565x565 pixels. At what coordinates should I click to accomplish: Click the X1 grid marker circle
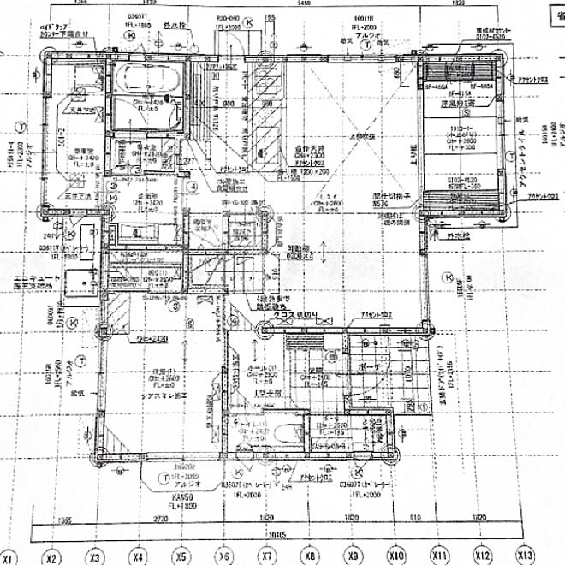point(9,557)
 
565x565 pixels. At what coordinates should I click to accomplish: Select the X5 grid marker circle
point(180,557)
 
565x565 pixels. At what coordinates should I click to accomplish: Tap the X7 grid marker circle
point(266,557)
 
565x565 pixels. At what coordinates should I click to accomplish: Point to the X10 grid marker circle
point(395,557)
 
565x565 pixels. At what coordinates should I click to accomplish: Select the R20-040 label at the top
point(227,17)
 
